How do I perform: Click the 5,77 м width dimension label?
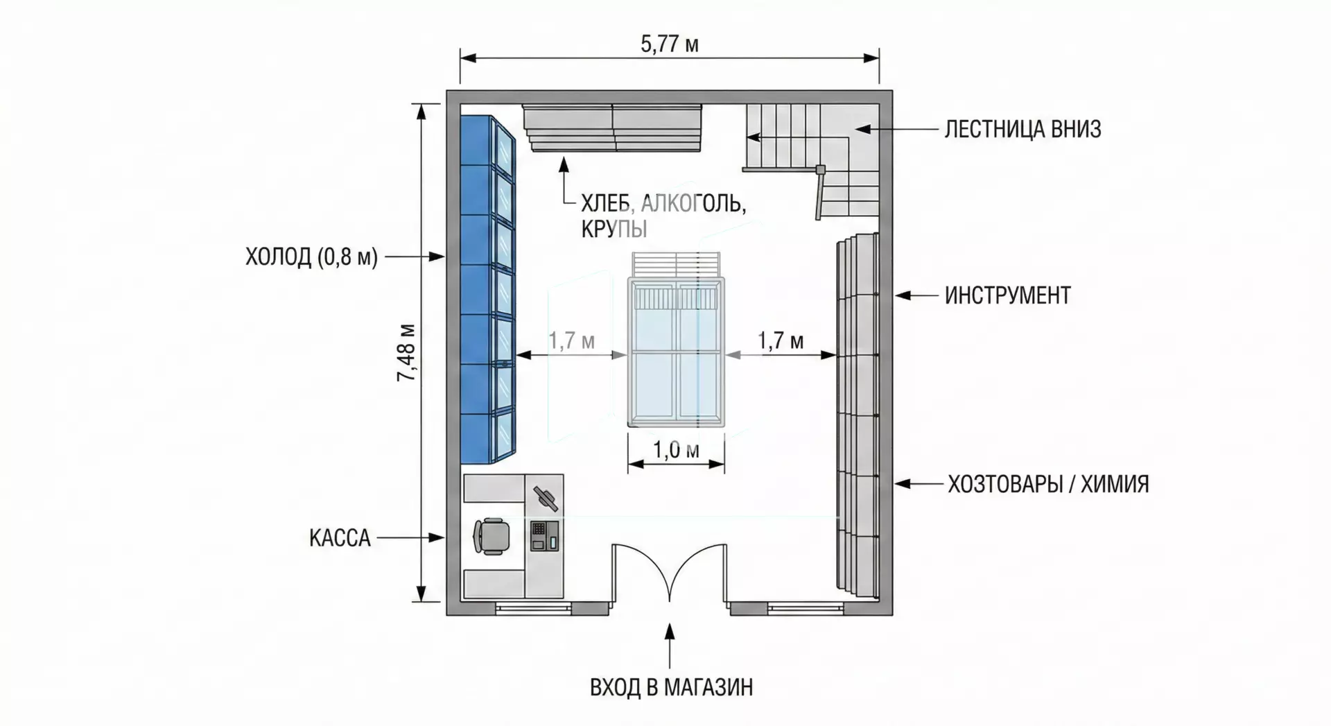(669, 45)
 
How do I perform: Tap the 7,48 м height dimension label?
(407, 353)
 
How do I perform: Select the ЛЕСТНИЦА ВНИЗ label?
(1023, 129)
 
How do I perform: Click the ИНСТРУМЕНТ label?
(1007, 295)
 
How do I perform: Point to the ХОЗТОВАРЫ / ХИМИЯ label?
(1048, 483)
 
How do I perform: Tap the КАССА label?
(340, 537)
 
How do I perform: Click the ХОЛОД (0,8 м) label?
(311, 257)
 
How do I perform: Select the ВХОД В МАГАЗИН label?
(671, 687)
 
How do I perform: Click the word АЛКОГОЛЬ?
(693, 204)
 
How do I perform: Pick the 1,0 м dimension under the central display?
(676, 451)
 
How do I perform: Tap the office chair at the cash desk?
(491, 535)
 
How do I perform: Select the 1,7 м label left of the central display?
(572, 340)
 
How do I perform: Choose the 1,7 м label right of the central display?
(781, 340)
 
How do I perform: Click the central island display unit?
(676, 352)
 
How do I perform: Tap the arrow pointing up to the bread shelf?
(564, 182)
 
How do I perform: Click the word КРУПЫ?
(614, 229)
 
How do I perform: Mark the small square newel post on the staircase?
(821, 168)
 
